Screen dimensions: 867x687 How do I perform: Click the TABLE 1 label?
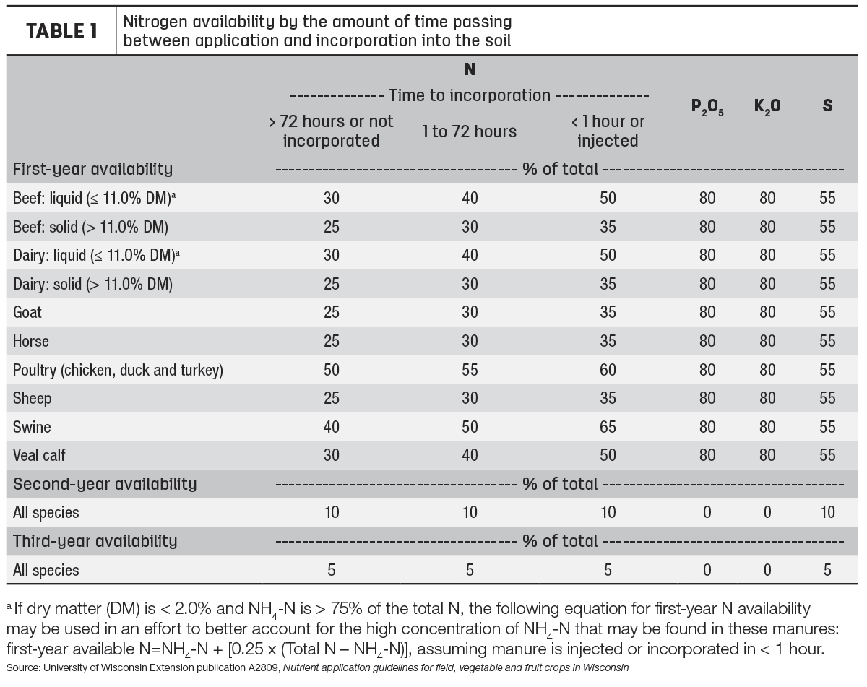pyautogui.click(x=61, y=30)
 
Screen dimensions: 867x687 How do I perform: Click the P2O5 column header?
pyautogui.click(x=707, y=107)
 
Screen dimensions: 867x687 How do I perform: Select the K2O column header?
pyautogui.click(x=767, y=107)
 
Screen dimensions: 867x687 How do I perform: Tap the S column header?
pyautogui.click(x=827, y=105)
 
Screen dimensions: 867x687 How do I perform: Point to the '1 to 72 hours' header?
pyautogui.click(x=470, y=131)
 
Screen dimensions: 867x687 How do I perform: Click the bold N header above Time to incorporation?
pyautogui.click(x=470, y=69)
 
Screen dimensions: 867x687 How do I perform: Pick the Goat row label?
pyautogui.click(x=27, y=312)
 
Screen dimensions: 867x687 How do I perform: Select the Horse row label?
pyautogui.click(x=30, y=341)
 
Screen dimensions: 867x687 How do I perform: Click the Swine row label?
pyautogui.click(x=32, y=427)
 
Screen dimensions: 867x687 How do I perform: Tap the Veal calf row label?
pyautogui.click(x=39, y=455)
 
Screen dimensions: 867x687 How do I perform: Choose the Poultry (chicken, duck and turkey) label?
pyautogui.click(x=118, y=371)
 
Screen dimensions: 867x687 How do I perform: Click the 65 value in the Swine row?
pyautogui.click(x=608, y=427)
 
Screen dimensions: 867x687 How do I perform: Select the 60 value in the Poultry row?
pyautogui.click(x=608, y=370)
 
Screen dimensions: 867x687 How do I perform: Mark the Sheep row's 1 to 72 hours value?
pyautogui.click(x=470, y=398)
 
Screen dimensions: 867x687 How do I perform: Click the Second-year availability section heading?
pyautogui.click(x=105, y=484)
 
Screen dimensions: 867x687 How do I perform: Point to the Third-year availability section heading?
pyautogui.click(x=95, y=541)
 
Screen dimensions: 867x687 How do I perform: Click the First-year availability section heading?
pyautogui.click(x=92, y=169)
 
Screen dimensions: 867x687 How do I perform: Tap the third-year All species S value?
pyautogui.click(x=827, y=570)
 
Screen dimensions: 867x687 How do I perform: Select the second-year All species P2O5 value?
pyautogui.click(x=707, y=512)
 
